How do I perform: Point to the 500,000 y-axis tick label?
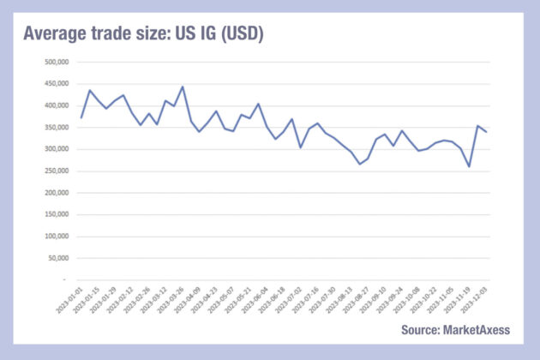point(54,62)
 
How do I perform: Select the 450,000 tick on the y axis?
point(54,84)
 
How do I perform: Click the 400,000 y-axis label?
point(54,105)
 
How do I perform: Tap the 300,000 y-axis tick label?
point(54,149)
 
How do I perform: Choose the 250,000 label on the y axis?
point(54,171)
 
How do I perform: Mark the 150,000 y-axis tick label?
point(54,214)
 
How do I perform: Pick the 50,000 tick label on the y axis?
point(56,258)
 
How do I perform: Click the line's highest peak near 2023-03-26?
point(183,87)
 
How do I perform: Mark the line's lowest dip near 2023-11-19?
point(469,166)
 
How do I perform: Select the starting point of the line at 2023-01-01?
point(81,117)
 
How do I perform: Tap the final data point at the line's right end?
point(485,131)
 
